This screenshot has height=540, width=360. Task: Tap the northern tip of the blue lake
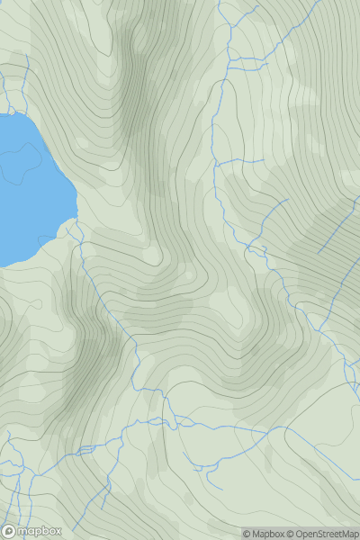[16, 114]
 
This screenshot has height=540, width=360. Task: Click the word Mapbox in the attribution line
[268, 534]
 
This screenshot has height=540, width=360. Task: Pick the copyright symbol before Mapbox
[247, 534]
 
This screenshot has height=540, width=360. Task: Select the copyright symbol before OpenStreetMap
[292, 534]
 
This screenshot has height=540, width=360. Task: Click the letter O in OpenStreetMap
[301, 534]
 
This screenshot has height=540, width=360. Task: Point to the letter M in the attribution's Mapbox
[256, 534]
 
